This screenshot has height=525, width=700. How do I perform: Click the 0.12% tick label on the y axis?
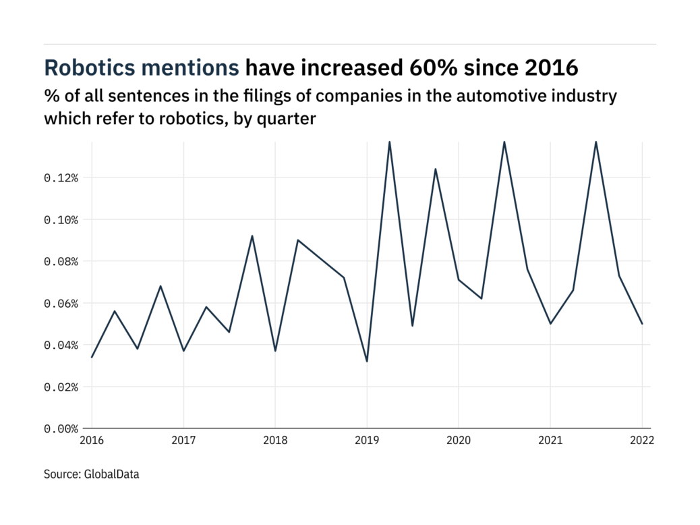(x=61, y=178)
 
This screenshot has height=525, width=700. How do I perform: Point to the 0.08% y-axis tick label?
(x=61, y=262)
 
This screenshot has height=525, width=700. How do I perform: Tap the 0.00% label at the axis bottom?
(x=61, y=429)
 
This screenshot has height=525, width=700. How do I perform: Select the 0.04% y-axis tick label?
(x=61, y=346)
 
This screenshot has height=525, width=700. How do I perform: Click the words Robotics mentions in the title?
(x=141, y=68)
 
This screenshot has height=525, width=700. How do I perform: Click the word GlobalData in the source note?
(x=112, y=474)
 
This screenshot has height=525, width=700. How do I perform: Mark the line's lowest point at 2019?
(x=367, y=362)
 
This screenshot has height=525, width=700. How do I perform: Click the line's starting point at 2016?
(x=92, y=357)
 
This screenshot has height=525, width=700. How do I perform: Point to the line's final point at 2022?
(x=642, y=324)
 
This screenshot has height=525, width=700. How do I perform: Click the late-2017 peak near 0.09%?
(x=252, y=236)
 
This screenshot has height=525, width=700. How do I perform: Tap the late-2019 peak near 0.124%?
(x=436, y=169)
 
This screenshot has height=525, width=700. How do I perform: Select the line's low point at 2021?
(x=550, y=324)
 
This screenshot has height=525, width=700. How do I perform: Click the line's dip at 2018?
(x=275, y=351)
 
